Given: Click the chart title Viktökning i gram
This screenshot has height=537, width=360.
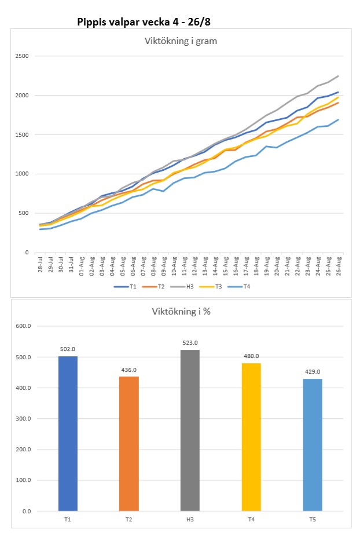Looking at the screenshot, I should click(179, 41).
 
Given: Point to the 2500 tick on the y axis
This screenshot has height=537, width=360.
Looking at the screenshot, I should click(23, 56).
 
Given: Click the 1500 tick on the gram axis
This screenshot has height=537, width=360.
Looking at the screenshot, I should click(23, 135).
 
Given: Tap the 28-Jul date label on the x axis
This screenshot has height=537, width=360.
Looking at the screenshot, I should click(40, 264).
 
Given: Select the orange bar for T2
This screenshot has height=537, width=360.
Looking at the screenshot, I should click(128, 444).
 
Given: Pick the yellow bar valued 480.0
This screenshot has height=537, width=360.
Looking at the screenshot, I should click(251, 437).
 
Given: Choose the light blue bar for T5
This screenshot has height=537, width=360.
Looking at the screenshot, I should click(313, 445).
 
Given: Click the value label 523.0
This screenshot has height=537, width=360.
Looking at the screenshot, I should click(190, 343).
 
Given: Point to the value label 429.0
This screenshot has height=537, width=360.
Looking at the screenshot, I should click(313, 372).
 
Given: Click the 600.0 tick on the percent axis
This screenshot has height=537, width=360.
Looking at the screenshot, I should click(23, 326).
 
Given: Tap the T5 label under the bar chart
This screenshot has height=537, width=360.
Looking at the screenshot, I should click(313, 520).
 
